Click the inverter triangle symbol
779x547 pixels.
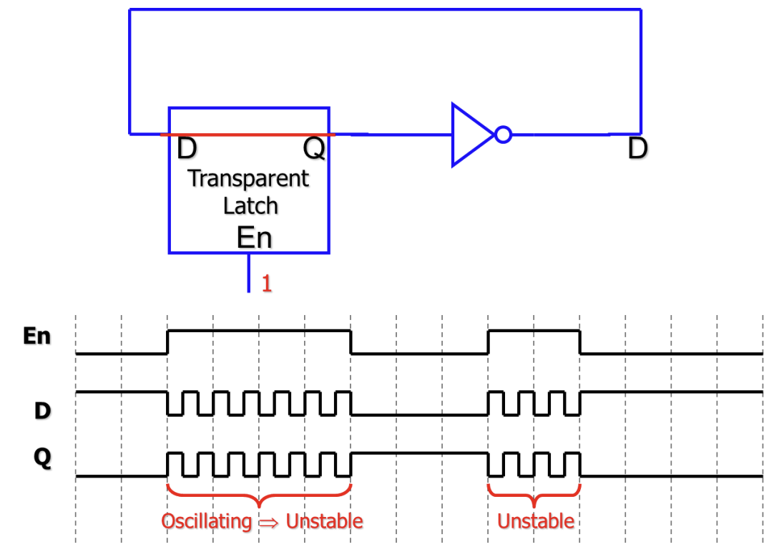(x=469, y=135)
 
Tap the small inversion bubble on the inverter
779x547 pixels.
(x=504, y=135)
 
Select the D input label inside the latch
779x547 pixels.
(x=186, y=149)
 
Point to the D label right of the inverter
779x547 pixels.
(x=637, y=149)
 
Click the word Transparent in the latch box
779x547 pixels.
(x=248, y=178)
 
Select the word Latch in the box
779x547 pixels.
(x=250, y=206)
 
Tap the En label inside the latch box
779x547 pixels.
(x=254, y=237)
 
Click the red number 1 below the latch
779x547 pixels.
(x=266, y=284)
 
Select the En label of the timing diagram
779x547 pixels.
(x=37, y=336)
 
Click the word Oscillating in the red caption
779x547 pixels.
(x=207, y=521)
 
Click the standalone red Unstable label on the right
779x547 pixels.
(x=536, y=521)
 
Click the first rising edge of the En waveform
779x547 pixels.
(x=167, y=342)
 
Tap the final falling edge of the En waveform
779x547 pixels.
(x=579, y=342)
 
